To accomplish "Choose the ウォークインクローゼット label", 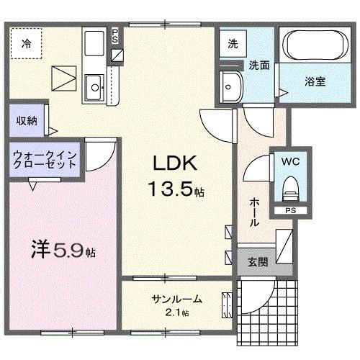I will click(x=44, y=159).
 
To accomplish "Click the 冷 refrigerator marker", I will click(x=25, y=42).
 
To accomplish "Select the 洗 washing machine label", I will click(x=233, y=42).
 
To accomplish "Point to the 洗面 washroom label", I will click(x=259, y=66).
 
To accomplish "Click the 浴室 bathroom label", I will click(x=315, y=81).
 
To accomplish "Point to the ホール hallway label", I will click(x=254, y=213).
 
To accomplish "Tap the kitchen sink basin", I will click(x=94, y=89).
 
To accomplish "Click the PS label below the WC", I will click(x=289, y=211).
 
